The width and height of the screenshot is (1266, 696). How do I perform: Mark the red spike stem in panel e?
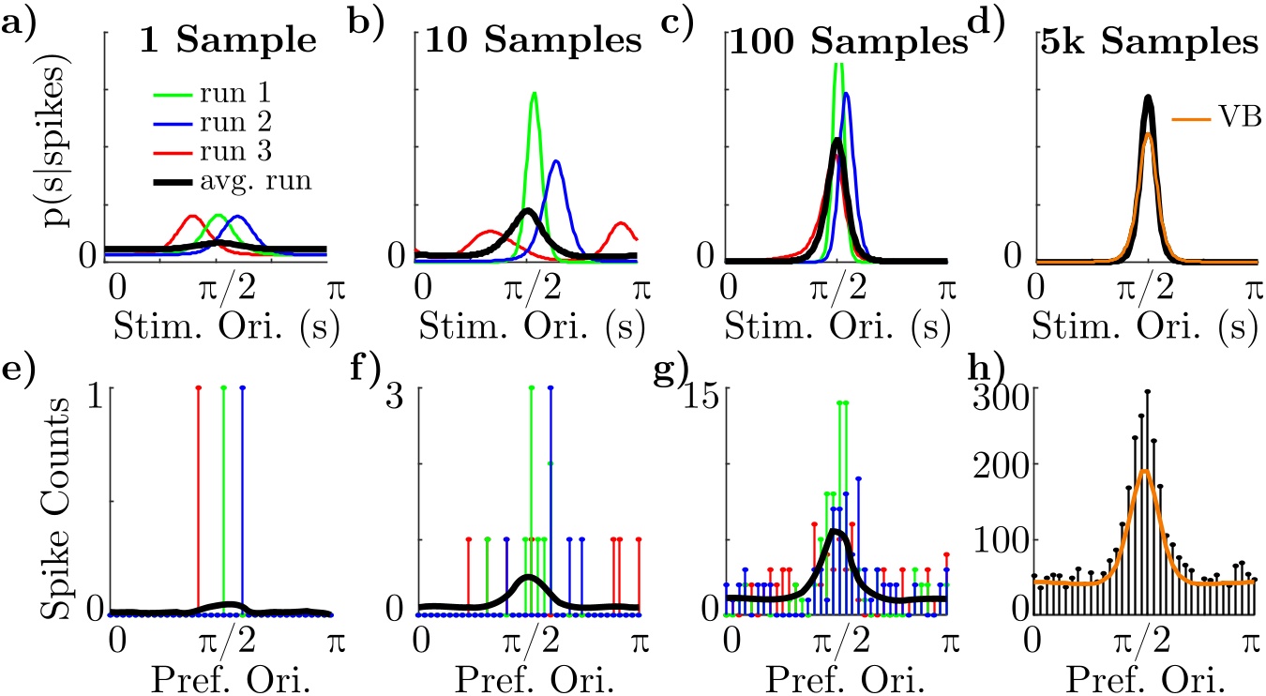pyautogui.click(x=199, y=497)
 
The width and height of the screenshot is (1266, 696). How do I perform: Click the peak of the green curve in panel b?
pyautogui.click(x=534, y=93)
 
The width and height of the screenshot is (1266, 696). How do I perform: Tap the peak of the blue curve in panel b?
pyautogui.click(x=556, y=161)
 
